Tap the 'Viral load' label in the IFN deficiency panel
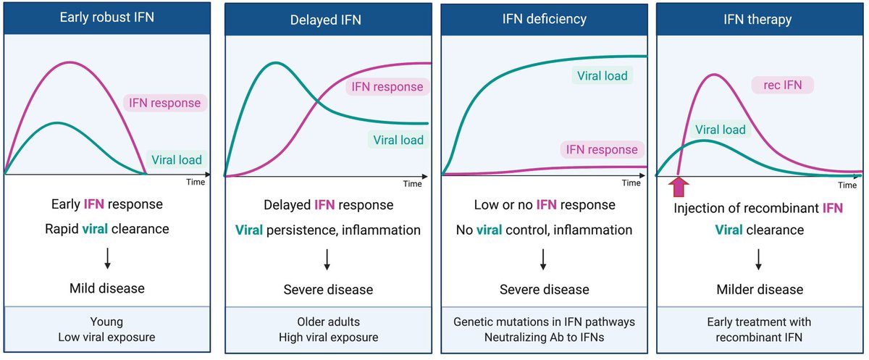[x=601, y=75]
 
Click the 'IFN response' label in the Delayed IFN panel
[x=387, y=87]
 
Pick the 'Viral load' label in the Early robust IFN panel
[x=177, y=159]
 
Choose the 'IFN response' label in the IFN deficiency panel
[x=603, y=150]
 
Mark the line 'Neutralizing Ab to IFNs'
[x=545, y=336]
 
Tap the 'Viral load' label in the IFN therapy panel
[x=721, y=130]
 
